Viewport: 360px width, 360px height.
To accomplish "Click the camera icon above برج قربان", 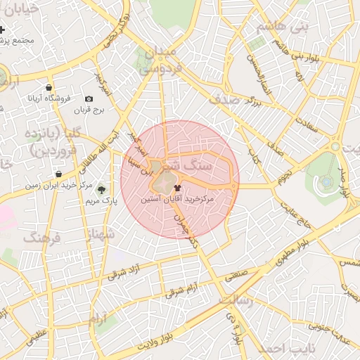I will (89, 99).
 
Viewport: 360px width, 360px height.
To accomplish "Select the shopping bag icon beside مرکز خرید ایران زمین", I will (58, 174).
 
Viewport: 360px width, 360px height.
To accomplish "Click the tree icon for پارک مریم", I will (102, 189).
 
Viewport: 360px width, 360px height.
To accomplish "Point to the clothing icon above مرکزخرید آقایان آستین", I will (176, 188).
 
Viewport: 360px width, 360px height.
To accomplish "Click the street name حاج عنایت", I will (295, 212).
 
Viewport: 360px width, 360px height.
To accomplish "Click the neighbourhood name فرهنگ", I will (42, 238).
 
